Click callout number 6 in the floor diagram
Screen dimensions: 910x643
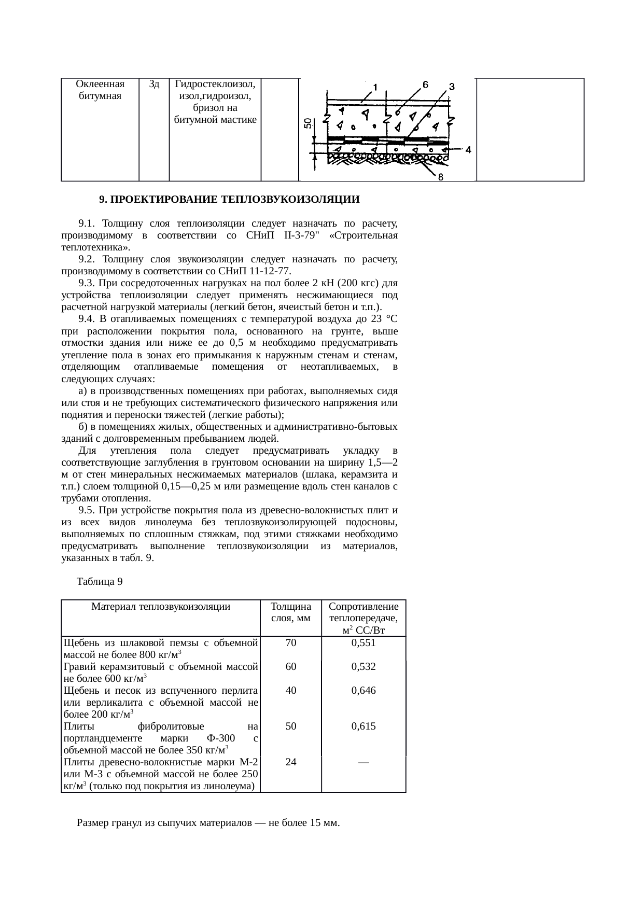[425, 85]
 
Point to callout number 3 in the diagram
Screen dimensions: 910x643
[452, 87]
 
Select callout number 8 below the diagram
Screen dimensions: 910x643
[440, 177]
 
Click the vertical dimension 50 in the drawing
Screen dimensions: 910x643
[307, 123]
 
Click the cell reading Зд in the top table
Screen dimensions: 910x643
[153, 84]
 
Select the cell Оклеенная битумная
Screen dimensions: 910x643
[100, 90]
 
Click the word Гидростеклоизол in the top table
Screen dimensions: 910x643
[215, 84]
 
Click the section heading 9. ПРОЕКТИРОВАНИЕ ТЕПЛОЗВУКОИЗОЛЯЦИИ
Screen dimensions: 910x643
[229, 200]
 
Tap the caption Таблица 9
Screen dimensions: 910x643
[100, 582]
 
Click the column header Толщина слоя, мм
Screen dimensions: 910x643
[291, 612]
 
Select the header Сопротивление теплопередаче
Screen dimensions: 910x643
[364, 612]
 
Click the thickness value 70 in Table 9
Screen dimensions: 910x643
[291, 643]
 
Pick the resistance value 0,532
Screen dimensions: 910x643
[364, 667]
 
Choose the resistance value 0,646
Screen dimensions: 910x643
[364, 691]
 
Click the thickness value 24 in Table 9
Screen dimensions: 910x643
[291, 762]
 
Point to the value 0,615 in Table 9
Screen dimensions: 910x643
[364, 726]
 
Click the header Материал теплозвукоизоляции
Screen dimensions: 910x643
[161, 606]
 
